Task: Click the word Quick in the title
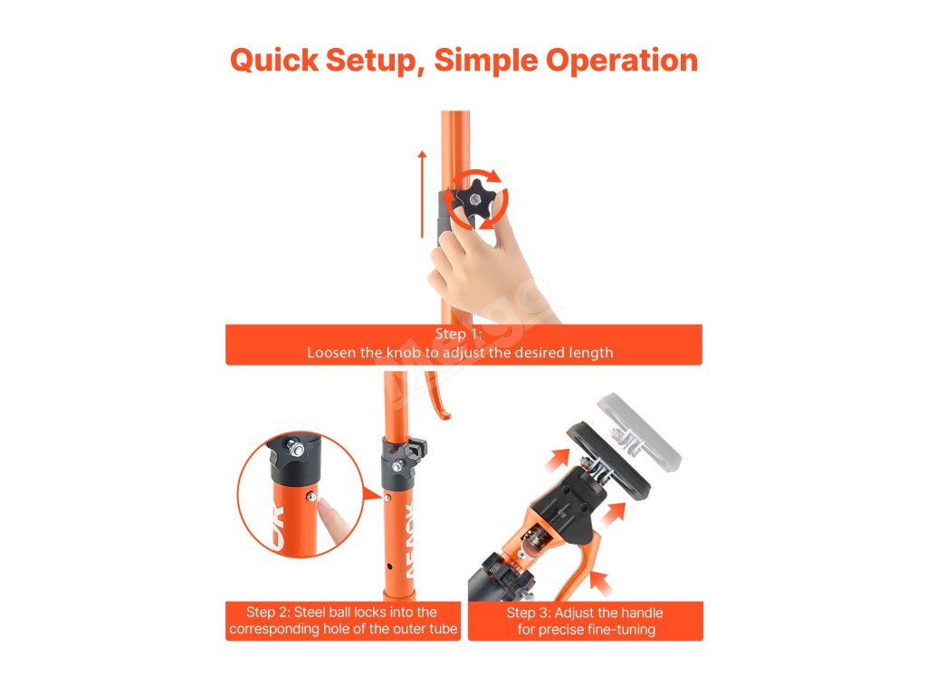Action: coord(274,61)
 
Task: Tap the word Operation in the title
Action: coord(621,61)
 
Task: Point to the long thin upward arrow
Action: coord(422,194)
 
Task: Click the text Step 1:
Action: coord(459,334)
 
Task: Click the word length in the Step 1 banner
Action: coord(590,353)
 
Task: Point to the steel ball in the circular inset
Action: coord(311,498)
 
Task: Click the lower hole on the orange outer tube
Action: coord(389,566)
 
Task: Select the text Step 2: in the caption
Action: coord(268,613)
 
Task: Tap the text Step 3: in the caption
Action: coord(529,613)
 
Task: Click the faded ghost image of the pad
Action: coord(640,433)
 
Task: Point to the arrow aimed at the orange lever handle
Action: coord(601,583)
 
